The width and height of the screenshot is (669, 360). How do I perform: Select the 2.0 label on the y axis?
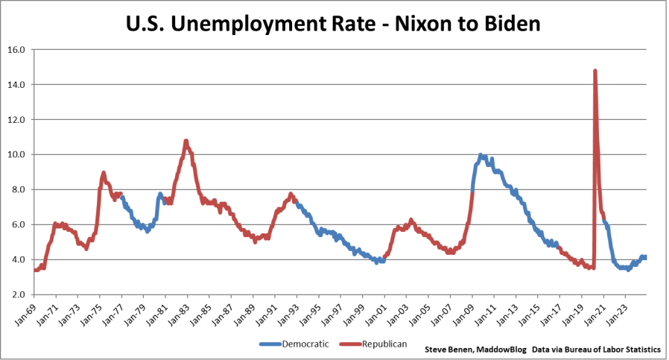click(18, 294)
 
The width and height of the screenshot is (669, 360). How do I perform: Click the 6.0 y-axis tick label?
click(18, 224)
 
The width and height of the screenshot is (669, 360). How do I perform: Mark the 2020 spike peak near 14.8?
click(595, 71)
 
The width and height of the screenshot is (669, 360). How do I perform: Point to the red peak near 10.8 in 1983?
click(186, 141)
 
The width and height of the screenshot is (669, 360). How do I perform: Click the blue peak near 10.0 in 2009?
click(481, 155)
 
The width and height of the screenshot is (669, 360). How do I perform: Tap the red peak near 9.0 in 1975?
click(104, 172)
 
